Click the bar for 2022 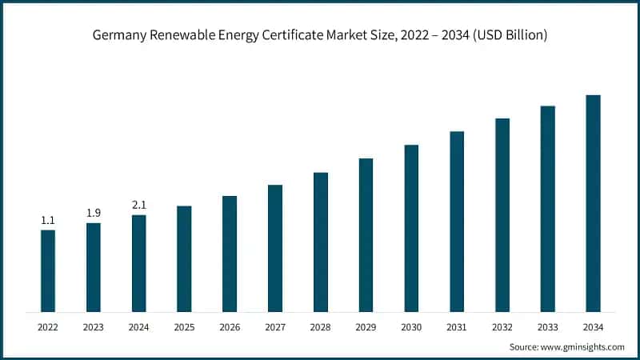[x=48, y=270]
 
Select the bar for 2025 [x=184, y=258]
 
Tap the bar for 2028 [x=321, y=242]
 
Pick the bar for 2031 [x=457, y=221]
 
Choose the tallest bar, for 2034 [x=593, y=203]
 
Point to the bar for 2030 [x=411, y=228]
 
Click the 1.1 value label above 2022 [x=48, y=220]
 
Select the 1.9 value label [x=94, y=213]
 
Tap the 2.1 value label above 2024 [x=139, y=205]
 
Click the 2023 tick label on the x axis [x=94, y=326]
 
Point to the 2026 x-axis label [x=230, y=326]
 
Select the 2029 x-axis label [x=366, y=326]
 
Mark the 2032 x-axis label [x=502, y=326]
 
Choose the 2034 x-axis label [x=593, y=326]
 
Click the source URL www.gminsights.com [x=583, y=346]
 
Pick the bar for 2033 [x=547, y=208]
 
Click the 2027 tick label [x=275, y=326]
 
